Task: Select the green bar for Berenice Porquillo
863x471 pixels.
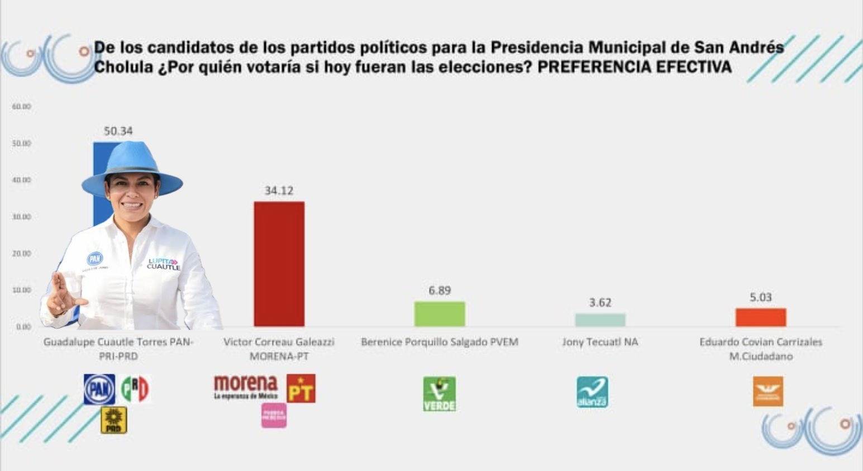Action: [x=439, y=314]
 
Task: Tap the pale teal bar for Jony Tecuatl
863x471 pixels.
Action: [x=600, y=320]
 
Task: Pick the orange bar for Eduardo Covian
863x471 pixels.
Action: [x=760, y=317]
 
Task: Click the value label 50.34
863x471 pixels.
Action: [x=118, y=131]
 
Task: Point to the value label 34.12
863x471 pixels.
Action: [x=279, y=191]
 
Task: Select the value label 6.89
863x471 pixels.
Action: [x=440, y=291]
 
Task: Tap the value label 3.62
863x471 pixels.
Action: [x=600, y=303]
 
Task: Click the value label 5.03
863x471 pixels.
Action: [x=760, y=297]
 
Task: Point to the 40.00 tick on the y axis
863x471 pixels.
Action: [x=21, y=180]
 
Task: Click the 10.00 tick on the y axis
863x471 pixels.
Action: [x=21, y=290]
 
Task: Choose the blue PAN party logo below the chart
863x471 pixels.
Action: [x=99, y=389]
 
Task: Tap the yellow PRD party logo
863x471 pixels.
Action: [x=113, y=420]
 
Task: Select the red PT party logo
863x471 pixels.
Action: [x=301, y=388]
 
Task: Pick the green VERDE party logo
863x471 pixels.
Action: [x=439, y=394]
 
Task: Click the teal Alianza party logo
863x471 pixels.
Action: [x=592, y=392]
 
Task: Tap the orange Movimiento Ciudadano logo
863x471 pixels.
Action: [x=768, y=391]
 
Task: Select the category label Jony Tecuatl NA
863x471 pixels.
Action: [x=600, y=342]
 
